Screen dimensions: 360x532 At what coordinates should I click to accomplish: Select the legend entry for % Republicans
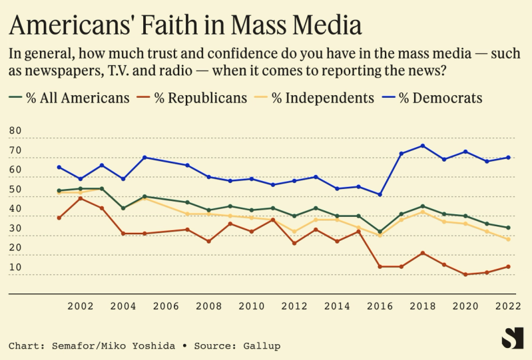[x=193, y=98]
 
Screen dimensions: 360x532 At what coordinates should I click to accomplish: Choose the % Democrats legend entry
[x=440, y=98]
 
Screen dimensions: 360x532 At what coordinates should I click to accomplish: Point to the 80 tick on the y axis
[x=15, y=130]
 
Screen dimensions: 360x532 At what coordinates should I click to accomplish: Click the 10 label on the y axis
[x=15, y=268]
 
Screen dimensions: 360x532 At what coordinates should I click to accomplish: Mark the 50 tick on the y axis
[x=15, y=189]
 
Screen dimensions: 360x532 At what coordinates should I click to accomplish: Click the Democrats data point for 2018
[x=423, y=146]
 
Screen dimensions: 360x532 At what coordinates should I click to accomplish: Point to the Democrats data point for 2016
[x=380, y=194]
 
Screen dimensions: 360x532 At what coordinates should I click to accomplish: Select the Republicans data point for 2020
[x=465, y=274]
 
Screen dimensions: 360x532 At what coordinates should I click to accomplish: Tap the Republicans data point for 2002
[x=80, y=198]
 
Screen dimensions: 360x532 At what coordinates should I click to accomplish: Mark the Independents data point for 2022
[x=509, y=239]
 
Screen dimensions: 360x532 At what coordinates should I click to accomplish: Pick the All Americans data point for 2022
[x=509, y=228]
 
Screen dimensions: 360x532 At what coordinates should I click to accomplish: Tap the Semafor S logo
[x=511, y=338]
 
